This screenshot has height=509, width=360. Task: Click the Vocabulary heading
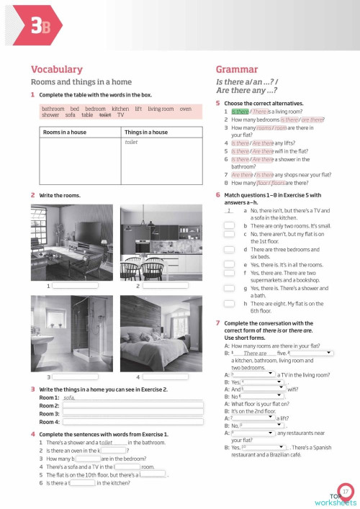pos(56,69)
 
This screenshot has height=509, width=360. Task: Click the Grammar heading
pos(237,69)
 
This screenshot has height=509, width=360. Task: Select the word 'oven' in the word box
pos(185,109)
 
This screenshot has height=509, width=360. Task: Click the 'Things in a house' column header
pos(148,132)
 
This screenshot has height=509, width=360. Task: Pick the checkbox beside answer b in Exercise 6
pos(228,226)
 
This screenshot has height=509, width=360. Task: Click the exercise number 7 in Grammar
pos(218,324)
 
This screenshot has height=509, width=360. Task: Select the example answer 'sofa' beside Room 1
pos(70,397)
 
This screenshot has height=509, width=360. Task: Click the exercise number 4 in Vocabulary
pos(33,434)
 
